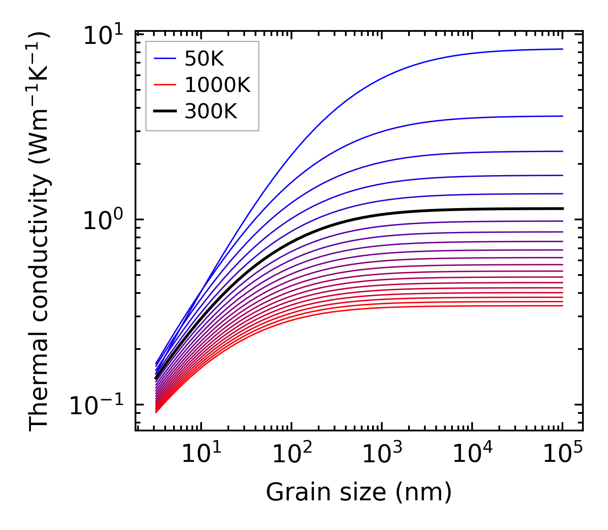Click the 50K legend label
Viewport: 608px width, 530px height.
click(x=204, y=59)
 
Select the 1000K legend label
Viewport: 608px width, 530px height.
click(x=217, y=85)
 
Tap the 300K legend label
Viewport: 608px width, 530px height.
click(x=211, y=112)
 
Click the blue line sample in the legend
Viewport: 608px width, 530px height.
click(x=164, y=59)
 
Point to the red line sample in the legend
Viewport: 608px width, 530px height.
click(x=164, y=85)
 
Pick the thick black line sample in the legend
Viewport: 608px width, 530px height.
click(x=164, y=112)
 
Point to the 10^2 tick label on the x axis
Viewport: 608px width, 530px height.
click(x=291, y=454)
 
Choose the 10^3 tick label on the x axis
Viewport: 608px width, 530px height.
click(x=382, y=454)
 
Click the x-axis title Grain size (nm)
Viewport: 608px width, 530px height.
click(x=359, y=492)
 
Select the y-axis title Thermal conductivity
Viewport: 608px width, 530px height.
click(x=39, y=231)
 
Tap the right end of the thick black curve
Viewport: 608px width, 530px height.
click(x=562, y=208)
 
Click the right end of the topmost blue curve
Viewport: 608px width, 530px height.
click(x=562, y=49)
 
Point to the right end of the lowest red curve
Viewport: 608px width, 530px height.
click(x=562, y=306)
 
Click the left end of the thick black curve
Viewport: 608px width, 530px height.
click(x=156, y=378)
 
